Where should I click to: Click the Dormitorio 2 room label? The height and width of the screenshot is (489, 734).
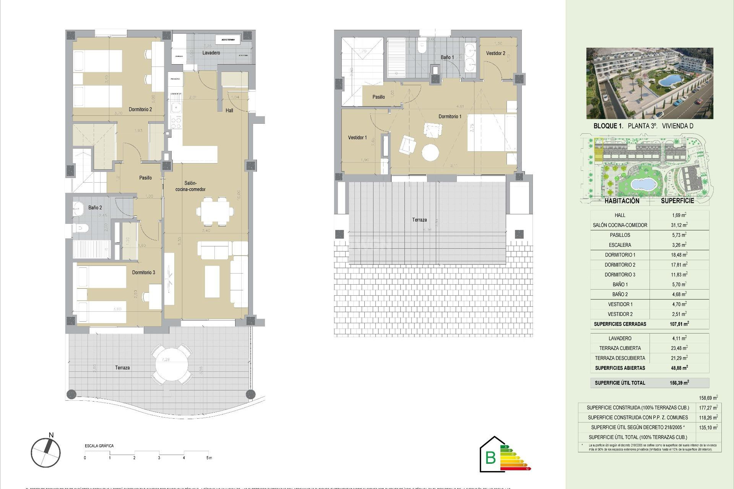tap(140, 109)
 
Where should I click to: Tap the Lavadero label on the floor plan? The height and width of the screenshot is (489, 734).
tap(211, 53)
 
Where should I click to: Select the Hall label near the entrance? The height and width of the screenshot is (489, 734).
tap(229, 110)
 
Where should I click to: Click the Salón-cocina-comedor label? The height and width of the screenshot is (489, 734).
tap(190, 186)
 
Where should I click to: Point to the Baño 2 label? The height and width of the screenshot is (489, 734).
tap(95, 207)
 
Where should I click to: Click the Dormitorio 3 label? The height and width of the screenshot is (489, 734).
tap(143, 272)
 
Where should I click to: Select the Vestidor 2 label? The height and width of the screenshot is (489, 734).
tap(495, 53)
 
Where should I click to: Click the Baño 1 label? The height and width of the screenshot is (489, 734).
tap(447, 57)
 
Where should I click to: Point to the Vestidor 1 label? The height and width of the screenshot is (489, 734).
tap(357, 138)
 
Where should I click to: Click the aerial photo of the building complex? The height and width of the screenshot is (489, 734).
tap(650, 83)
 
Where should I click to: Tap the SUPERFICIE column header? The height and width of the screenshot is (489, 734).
tap(677, 201)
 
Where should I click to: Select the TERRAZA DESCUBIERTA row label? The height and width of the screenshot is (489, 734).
tap(620, 358)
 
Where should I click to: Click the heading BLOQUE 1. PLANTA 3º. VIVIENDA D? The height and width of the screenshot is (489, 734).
tap(643, 126)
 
